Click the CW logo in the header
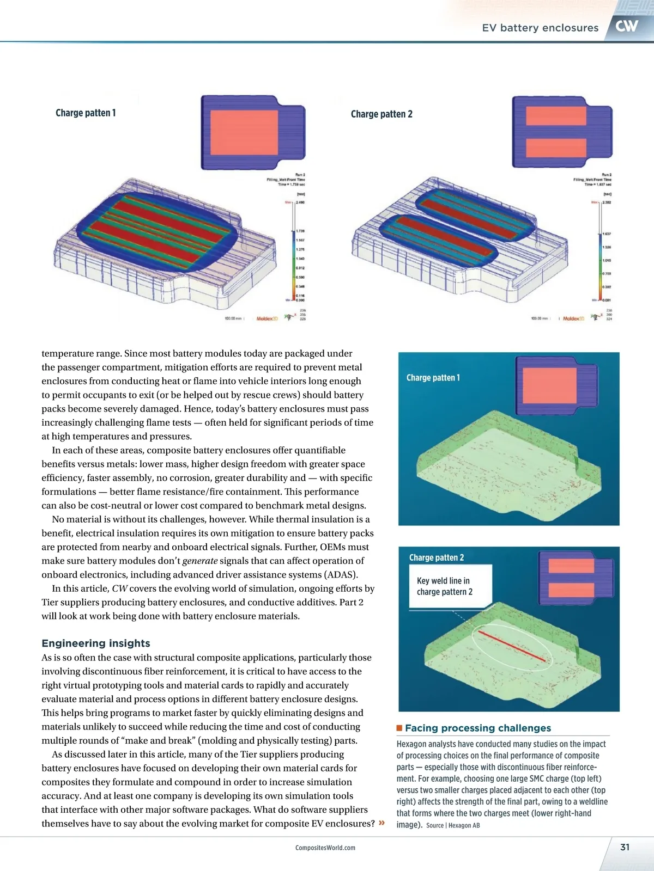click(627, 26)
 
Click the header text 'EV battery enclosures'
click(540, 28)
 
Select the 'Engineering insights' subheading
click(96, 643)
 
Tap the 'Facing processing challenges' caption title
click(477, 728)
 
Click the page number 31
click(625, 847)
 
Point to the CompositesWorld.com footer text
click(325, 848)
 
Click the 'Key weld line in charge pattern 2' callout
click(445, 586)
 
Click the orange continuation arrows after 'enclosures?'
click(381, 823)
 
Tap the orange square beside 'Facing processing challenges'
click(399, 728)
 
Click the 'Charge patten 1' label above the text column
click(86, 113)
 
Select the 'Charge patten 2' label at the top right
click(381, 114)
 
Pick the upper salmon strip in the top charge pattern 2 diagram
click(556, 115)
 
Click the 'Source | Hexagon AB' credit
click(453, 825)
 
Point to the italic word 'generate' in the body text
click(199, 561)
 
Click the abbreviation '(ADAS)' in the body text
click(341, 574)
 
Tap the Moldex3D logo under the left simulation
click(267, 318)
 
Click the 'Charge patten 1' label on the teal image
click(433, 377)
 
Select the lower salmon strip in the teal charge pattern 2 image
click(571, 590)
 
